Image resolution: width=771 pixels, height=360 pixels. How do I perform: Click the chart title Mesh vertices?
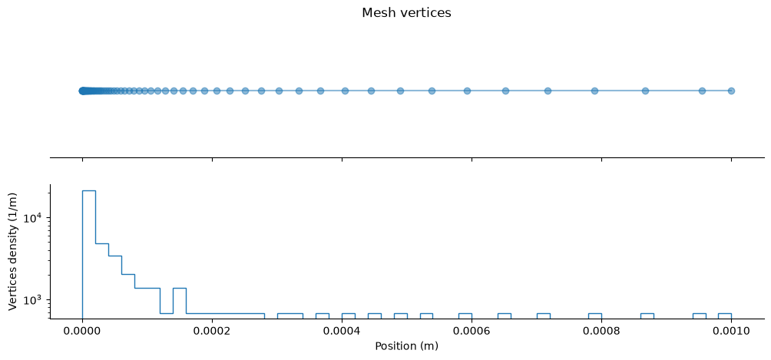pos(406,13)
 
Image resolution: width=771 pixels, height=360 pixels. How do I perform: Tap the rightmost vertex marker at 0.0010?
pos(731,91)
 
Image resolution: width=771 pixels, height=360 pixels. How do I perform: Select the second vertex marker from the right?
pos(702,91)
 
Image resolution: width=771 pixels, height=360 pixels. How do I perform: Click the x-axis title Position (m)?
pos(406,346)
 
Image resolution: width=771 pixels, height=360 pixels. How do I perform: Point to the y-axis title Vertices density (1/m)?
pos(13,251)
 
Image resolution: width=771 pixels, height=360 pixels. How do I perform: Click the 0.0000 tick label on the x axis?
pos(82,331)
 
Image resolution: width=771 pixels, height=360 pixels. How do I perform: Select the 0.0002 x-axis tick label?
pos(212,331)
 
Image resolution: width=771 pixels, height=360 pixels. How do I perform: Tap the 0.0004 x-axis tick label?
pos(342,331)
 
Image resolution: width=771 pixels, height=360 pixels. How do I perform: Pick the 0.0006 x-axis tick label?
pos(472,331)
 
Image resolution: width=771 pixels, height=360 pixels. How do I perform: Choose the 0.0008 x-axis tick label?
pos(601,331)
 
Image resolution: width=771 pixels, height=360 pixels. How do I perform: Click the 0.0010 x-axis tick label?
pos(731,331)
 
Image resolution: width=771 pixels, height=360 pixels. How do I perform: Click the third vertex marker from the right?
pos(645,91)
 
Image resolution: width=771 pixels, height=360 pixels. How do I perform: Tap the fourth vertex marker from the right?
pos(594,91)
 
